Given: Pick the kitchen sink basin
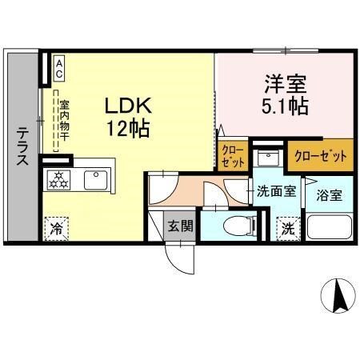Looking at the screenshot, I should [96, 178].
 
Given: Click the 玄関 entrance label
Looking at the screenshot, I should [180, 226].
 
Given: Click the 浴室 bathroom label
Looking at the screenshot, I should [328, 194].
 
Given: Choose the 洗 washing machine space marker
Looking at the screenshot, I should [286, 227].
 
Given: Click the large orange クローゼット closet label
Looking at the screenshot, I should [320, 154].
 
